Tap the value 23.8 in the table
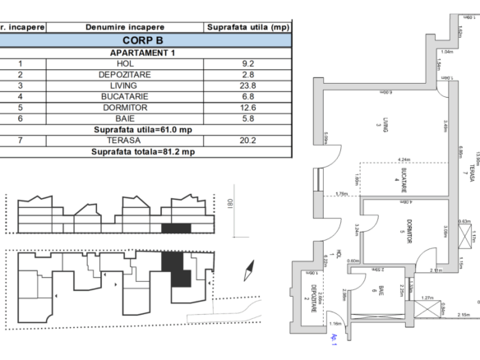pyautogui.click(x=247, y=85)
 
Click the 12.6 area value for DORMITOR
pyautogui.click(x=247, y=107)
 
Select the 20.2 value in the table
pyautogui.click(x=247, y=141)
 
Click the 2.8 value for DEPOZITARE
pyautogui.click(x=247, y=74)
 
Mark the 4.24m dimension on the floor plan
pyautogui.click(x=404, y=159)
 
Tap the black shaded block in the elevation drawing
pyautogui.click(x=176, y=227)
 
